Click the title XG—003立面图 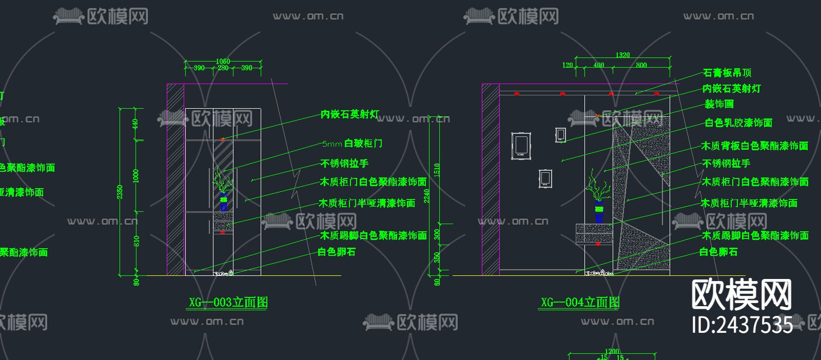tap(228, 302)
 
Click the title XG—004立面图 tap(580, 303)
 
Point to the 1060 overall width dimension tap(223, 62)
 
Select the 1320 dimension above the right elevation tap(622, 55)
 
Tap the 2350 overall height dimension tap(120, 192)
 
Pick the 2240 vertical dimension tap(427, 196)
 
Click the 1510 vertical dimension tap(437, 169)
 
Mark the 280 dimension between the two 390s tap(223, 68)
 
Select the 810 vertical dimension tap(136, 241)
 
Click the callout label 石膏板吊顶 tap(727, 73)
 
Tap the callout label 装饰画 tap(719, 104)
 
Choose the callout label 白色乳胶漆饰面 tap(738, 123)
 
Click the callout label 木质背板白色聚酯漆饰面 tap(755, 146)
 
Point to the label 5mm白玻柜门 tap(352, 144)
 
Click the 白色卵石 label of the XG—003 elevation tap(337, 252)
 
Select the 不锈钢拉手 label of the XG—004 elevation tap(726, 164)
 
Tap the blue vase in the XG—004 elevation tap(599, 212)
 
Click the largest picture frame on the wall tap(521, 147)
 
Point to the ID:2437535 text tap(742, 325)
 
